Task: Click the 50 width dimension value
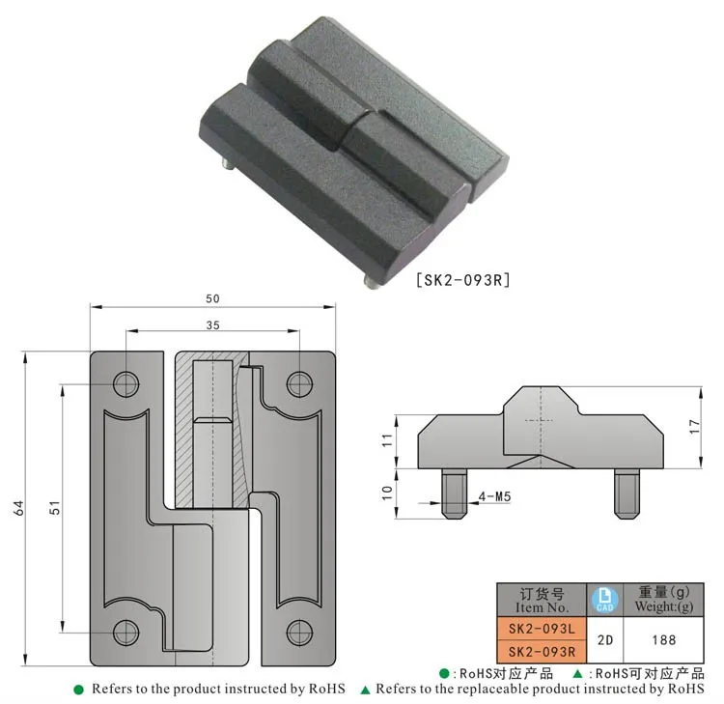(212, 298)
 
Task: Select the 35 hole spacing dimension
(212, 325)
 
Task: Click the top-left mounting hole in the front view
(126, 384)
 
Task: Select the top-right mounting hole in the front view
(299, 384)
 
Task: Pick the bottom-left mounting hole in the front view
(126, 633)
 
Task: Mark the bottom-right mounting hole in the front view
(299, 633)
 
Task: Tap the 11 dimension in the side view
(386, 440)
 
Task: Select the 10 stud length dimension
(386, 491)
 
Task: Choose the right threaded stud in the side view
(625, 492)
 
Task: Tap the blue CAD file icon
(602, 600)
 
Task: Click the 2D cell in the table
(602, 639)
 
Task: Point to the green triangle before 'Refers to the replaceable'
(365, 690)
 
